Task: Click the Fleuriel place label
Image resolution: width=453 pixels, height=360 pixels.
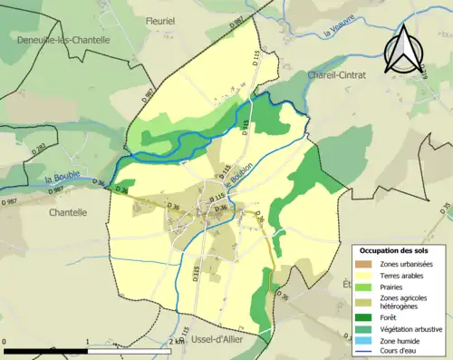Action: coord(162,18)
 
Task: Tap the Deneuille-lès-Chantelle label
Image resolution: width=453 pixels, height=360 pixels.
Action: coord(63,40)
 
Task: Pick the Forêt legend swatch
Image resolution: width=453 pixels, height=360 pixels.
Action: coord(366,316)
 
